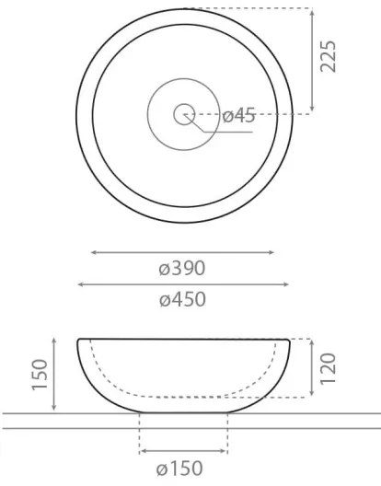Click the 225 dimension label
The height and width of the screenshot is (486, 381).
(x=329, y=56)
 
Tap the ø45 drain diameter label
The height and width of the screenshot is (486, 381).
(x=238, y=116)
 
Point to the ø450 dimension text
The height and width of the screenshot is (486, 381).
(x=181, y=300)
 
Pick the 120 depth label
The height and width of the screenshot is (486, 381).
(x=329, y=366)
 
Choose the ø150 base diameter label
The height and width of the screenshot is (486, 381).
(x=181, y=469)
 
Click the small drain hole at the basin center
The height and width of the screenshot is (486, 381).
(x=183, y=114)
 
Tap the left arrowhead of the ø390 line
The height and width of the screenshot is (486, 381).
(x=93, y=251)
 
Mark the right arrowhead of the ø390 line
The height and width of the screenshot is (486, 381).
(x=271, y=251)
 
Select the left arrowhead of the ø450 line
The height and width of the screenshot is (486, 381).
(x=79, y=284)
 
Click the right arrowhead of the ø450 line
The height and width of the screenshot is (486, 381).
(x=287, y=284)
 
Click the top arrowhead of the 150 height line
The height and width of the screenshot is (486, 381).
(x=58, y=341)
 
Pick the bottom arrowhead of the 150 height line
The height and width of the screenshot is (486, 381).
(x=58, y=410)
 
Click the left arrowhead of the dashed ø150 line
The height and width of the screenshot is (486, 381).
(x=141, y=451)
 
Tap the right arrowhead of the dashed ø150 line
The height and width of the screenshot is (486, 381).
(x=225, y=451)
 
